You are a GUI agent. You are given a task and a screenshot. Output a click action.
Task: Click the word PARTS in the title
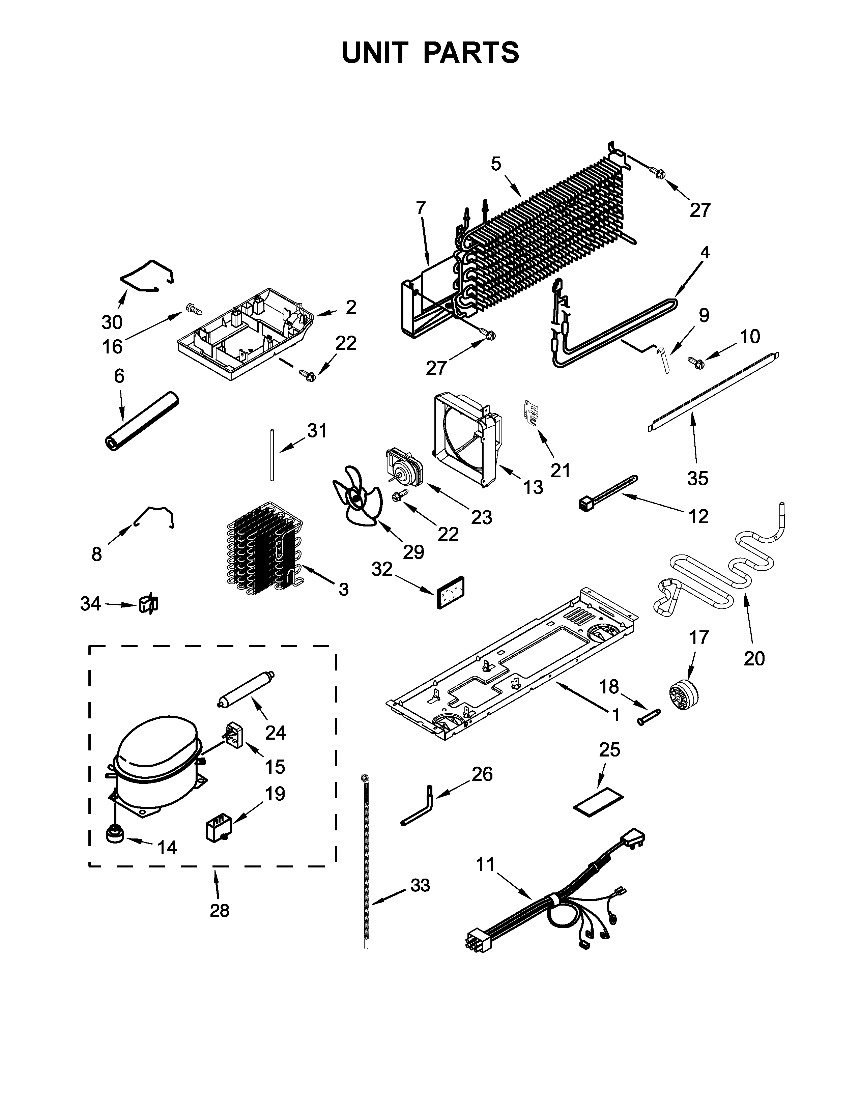(x=471, y=53)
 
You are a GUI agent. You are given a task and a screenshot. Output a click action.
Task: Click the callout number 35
(x=697, y=478)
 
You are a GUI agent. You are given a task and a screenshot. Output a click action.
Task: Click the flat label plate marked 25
(x=599, y=807)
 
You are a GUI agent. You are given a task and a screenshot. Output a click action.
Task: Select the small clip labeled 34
(x=149, y=604)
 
